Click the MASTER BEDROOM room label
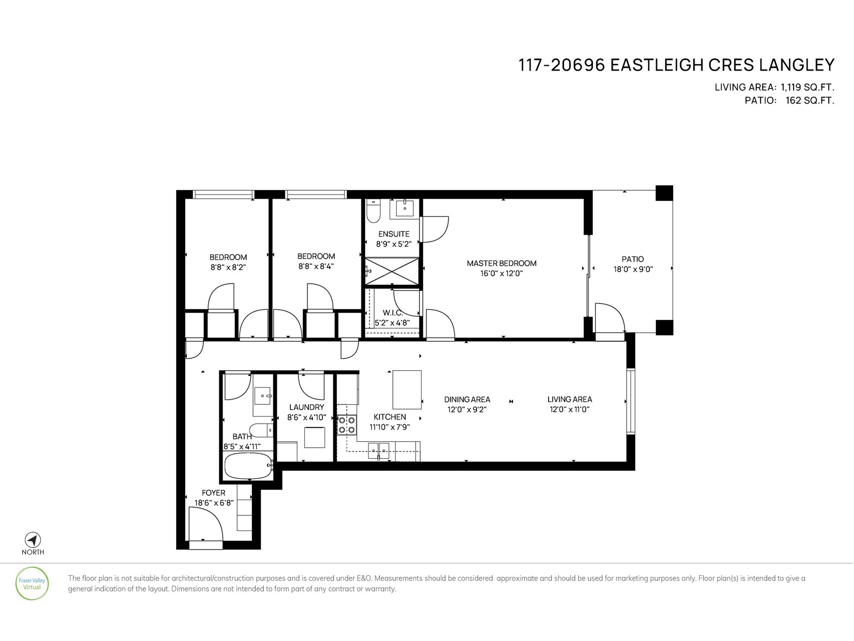click(501, 263)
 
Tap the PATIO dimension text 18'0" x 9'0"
click(632, 270)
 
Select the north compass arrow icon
click(33, 540)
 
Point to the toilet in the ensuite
click(374, 212)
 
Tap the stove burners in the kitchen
click(346, 425)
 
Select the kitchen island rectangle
click(407, 389)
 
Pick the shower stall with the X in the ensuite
click(392, 271)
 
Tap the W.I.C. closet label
click(392, 312)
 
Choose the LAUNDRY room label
click(306, 407)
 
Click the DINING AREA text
click(467, 400)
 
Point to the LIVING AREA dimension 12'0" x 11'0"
click(570, 410)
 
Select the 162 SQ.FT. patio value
click(809, 100)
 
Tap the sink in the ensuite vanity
click(405, 207)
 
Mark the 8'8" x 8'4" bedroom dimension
click(316, 266)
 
